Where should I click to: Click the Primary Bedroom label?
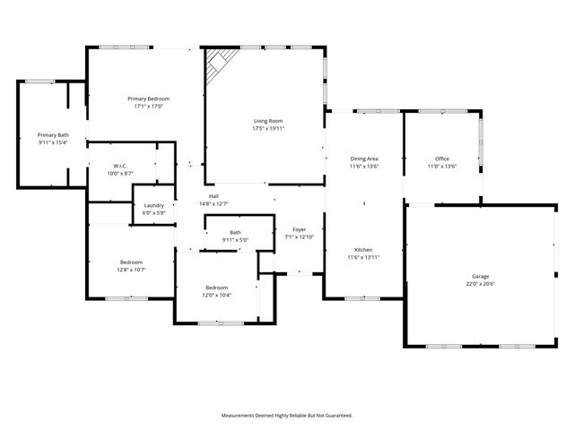coord(148,99)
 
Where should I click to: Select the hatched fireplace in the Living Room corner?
coord(218,64)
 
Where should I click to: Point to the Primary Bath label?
coord(53,134)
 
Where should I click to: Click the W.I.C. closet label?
coord(119,165)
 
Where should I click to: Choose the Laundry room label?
coord(153,205)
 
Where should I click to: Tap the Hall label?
coord(213,196)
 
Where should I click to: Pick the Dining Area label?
coord(363,159)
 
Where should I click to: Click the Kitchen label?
coord(363,250)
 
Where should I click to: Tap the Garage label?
coord(481,277)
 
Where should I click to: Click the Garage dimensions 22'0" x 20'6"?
coord(481,285)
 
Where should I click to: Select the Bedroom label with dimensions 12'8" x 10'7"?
coord(130,262)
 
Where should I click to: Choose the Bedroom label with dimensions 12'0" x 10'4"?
coord(215,288)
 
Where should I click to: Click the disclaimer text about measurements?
coord(287,416)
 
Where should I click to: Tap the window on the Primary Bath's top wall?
coord(39,82)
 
